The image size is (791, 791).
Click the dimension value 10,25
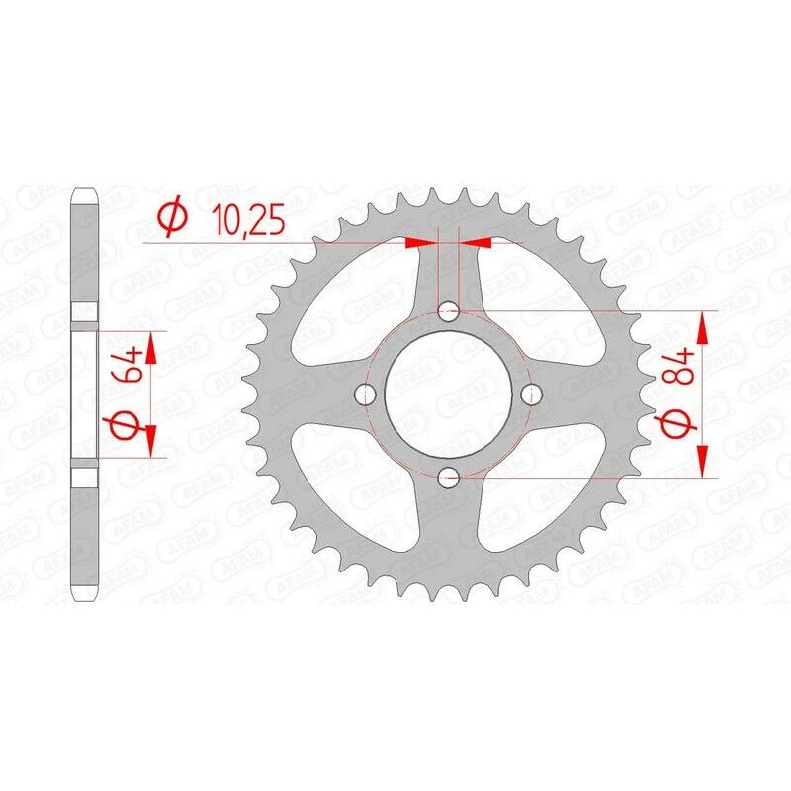[246, 219]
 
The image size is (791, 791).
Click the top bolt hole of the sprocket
[449, 312]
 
